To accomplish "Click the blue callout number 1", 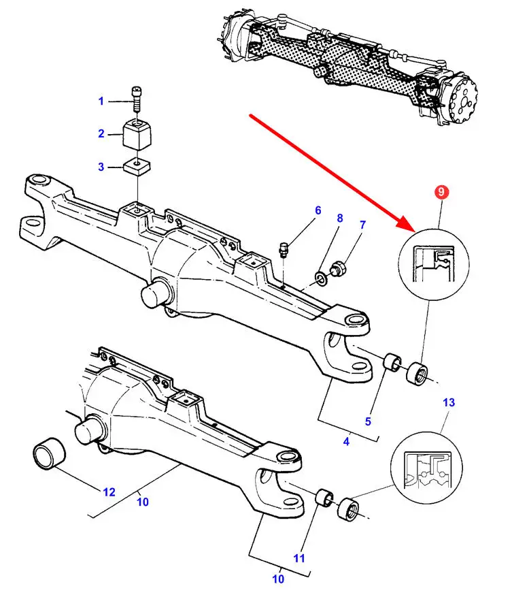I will [x=101, y=101].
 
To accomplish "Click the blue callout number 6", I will [x=317, y=210].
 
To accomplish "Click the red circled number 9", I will [x=441, y=193].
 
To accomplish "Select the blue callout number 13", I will [x=449, y=402].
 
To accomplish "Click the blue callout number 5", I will [x=368, y=421].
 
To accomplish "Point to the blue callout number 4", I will [x=346, y=442].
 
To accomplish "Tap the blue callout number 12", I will [x=109, y=492].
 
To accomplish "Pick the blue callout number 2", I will [x=101, y=134].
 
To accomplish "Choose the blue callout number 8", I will [x=340, y=219].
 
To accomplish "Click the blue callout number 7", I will [x=362, y=225].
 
